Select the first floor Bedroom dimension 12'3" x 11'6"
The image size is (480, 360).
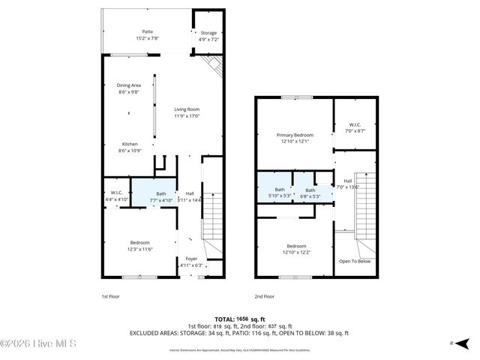click(x=139, y=248)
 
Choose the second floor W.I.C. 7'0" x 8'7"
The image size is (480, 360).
click(x=355, y=128)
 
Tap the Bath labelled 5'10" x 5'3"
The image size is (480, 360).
click(x=280, y=193)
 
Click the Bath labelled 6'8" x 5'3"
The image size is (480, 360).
click(x=310, y=193)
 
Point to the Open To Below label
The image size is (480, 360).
click(x=355, y=261)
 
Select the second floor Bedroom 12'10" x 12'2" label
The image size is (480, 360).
click(x=295, y=249)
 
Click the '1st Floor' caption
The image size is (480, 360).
click(x=110, y=297)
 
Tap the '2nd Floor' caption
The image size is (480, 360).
click(x=264, y=297)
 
